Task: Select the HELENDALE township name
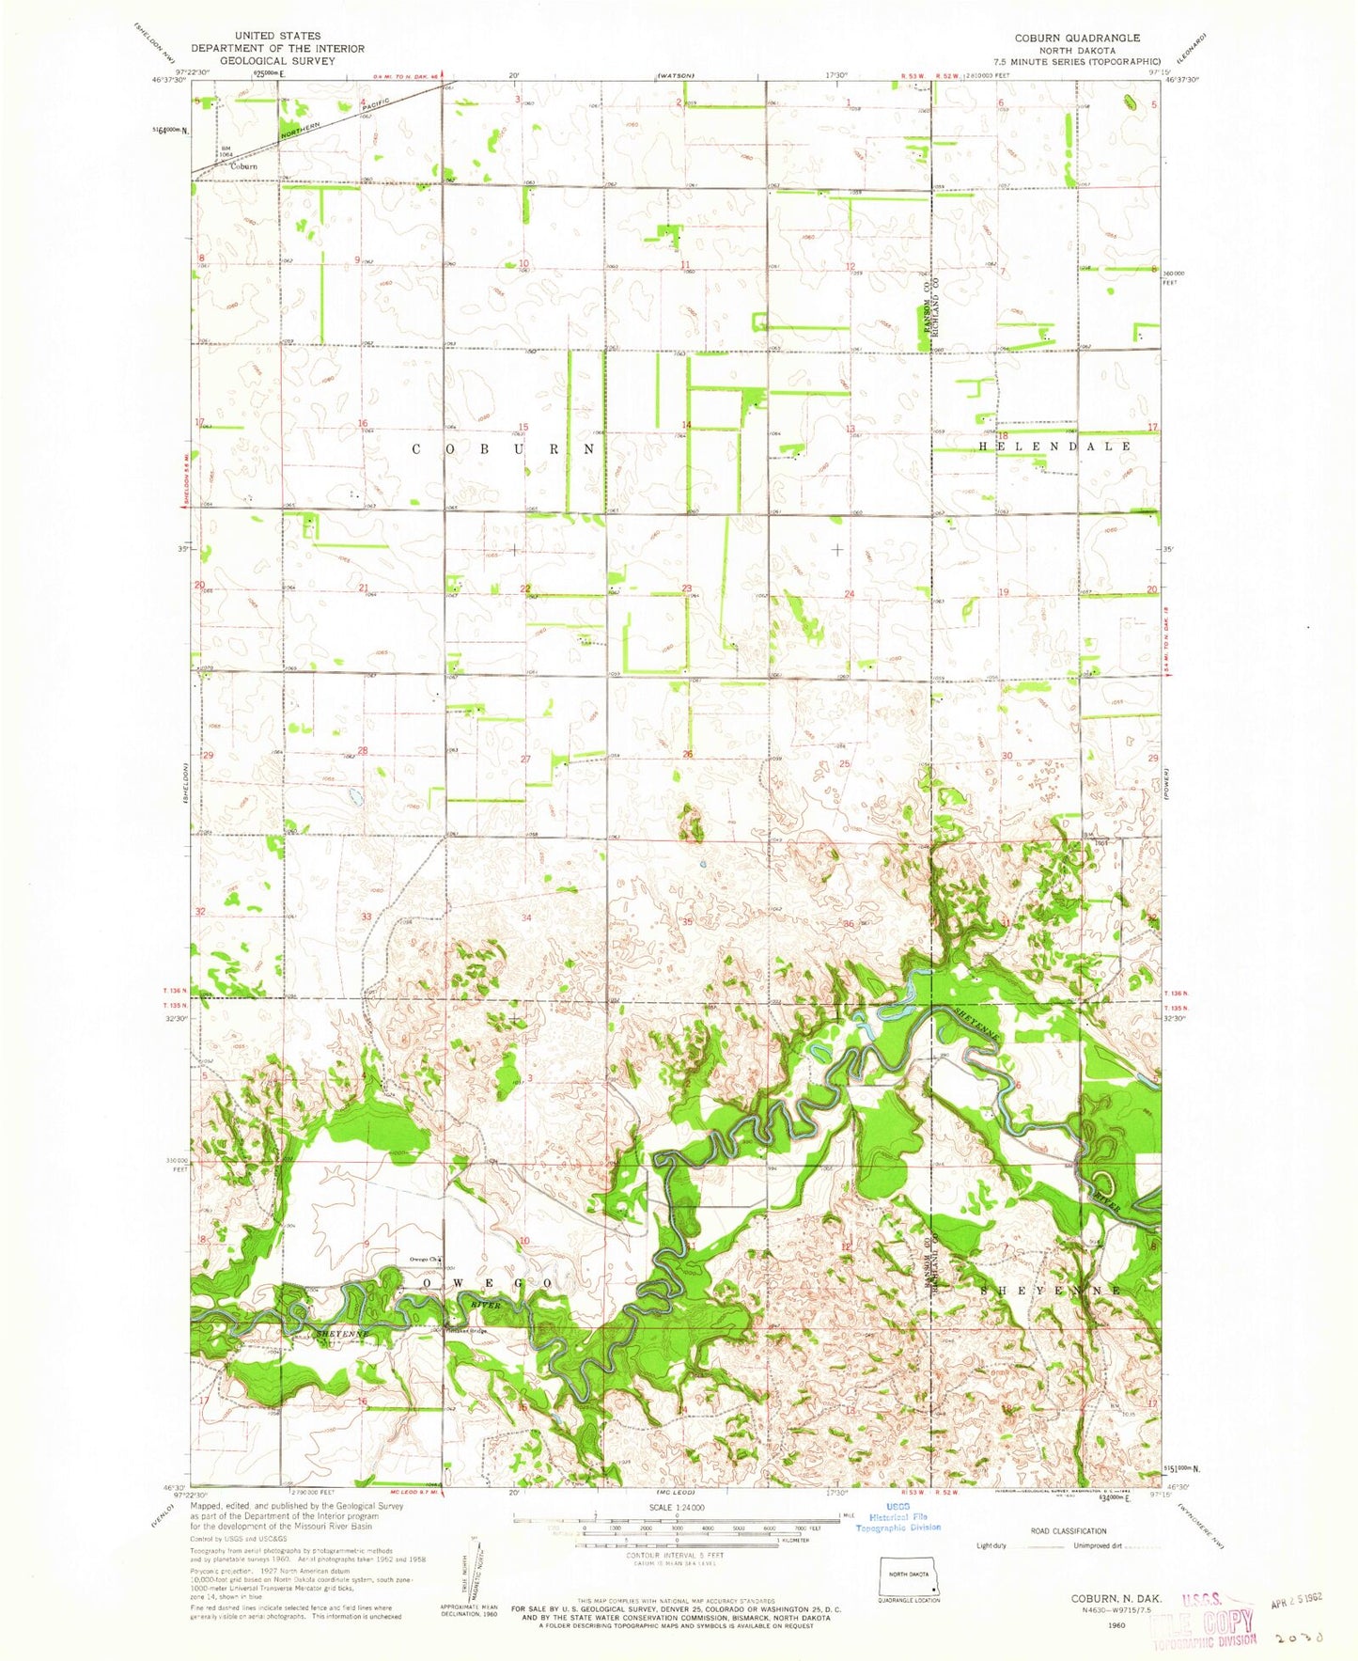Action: [1055, 447]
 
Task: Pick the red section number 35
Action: [687, 922]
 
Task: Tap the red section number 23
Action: [687, 589]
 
